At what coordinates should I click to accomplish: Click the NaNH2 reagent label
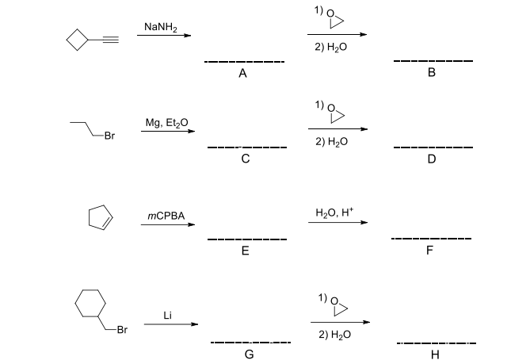[161, 28]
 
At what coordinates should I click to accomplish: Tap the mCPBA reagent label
[166, 215]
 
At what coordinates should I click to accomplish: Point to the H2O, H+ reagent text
[334, 212]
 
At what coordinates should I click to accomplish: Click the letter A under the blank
[243, 74]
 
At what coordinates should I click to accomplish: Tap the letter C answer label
[246, 159]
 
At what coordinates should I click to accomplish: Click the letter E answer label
[245, 251]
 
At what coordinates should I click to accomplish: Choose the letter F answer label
[432, 251]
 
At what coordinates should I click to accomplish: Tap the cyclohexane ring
[90, 302]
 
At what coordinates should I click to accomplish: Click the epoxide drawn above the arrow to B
[336, 18]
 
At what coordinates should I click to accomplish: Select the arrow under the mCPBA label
[168, 224]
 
